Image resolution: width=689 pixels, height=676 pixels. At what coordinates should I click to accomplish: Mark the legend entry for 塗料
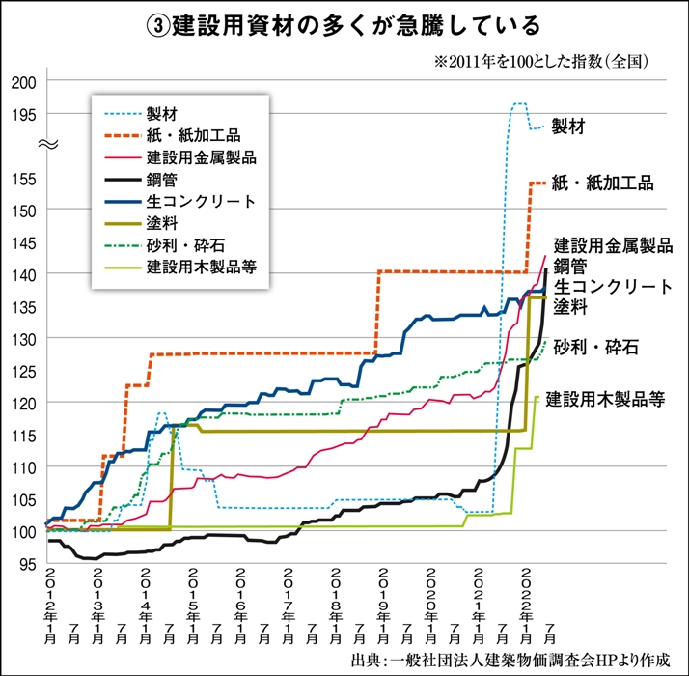(x=160, y=222)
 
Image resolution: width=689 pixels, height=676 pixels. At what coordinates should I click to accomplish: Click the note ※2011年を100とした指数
(x=541, y=61)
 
